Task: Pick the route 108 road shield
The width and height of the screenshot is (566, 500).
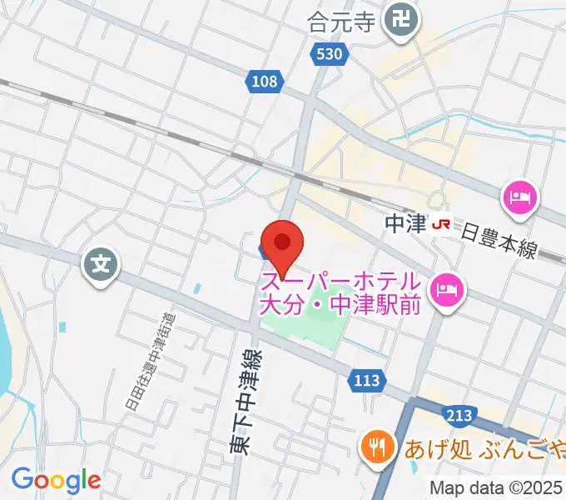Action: click(x=266, y=81)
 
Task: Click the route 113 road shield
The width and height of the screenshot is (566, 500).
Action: click(x=366, y=381)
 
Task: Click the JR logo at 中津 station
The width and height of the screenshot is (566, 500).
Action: click(x=443, y=223)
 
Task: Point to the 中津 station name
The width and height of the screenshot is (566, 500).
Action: click(x=407, y=223)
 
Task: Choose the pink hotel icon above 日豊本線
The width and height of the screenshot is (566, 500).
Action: click(x=519, y=198)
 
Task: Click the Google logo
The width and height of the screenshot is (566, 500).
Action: click(x=56, y=481)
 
